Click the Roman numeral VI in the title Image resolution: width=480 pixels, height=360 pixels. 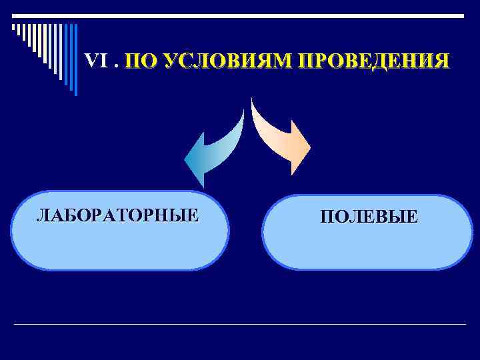pos(96,61)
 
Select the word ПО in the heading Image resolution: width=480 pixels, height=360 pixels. pos(141,61)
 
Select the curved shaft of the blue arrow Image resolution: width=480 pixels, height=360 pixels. pos(230,133)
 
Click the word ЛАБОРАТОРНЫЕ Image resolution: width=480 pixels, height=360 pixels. pos(117,215)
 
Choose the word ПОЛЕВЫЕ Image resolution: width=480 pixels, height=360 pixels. pos(369,217)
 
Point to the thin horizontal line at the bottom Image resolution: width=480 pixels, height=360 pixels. pos(240,324)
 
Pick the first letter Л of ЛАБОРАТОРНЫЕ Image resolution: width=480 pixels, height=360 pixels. pos(42,215)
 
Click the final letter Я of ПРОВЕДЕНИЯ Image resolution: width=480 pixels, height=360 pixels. pos(442,61)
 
